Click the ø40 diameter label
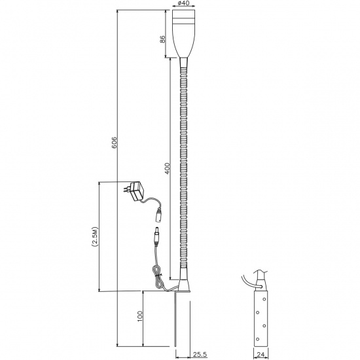[x=183, y=3]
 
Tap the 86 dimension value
[x=162, y=39]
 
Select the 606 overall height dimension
[x=115, y=143]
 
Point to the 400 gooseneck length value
[x=168, y=168]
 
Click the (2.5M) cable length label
[x=95, y=237]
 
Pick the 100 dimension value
[x=139, y=316]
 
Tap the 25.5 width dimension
[x=200, y=355]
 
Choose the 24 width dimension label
[x=260, y=355]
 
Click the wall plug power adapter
[x=134, y=190]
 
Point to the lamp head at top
[x=184, y=34]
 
